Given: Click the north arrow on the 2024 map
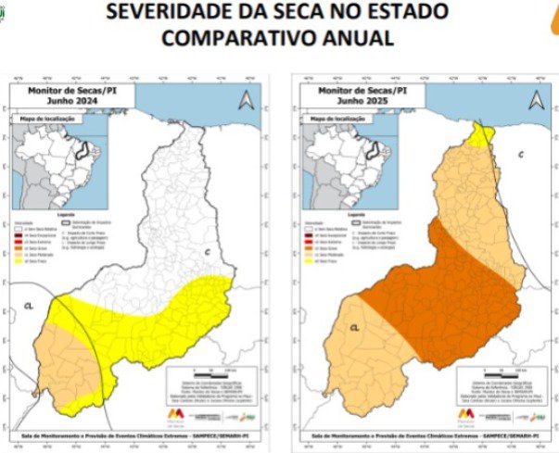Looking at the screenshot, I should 246,100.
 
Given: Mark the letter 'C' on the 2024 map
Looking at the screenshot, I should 207,253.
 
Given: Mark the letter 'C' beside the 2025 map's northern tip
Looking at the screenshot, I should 521,154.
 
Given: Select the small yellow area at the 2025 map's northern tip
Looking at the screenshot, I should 480,135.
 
